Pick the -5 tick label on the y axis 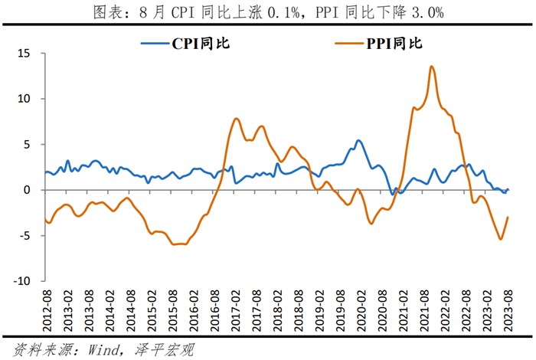[x=25, y=235]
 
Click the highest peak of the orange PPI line [x=432, y=67]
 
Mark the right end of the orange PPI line [x=508, y=217]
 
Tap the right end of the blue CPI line [x=508, y=189]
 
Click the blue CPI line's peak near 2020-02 [x=358, y=140]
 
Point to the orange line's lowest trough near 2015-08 [x=175, y=244]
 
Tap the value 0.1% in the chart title [x=289, y=13]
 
